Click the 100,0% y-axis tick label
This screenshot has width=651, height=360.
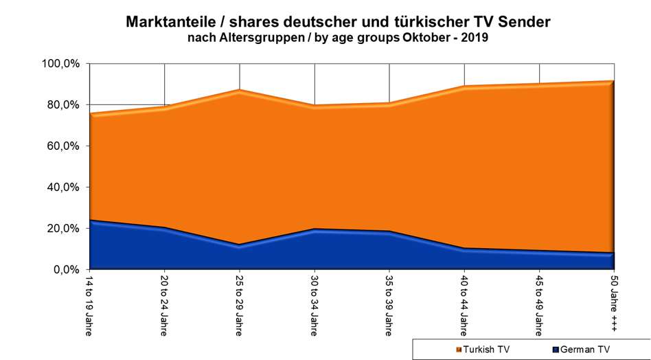[62, 64]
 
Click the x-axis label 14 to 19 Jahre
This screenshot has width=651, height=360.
[89, 306]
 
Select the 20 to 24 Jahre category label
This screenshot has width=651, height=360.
[164, 306]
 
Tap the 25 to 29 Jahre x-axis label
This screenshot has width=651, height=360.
[239, 306]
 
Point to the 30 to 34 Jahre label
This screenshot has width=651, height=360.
[315, 306]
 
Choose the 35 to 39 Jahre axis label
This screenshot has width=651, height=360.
[389, 306]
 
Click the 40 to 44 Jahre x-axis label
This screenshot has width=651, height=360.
[465, 306]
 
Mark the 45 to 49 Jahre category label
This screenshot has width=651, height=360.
[540, 306]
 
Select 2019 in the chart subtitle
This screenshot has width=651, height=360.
[473, 39]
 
